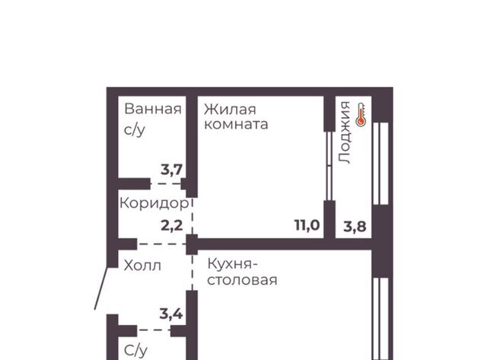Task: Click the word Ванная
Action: click(x=153, y=109)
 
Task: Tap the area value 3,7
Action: click(x=171, y=170)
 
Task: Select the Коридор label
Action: click(x=154, y=203)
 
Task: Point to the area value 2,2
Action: click(x=172, y=225)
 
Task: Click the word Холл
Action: click(x=142, y=266)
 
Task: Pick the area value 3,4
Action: click(x=171, y=314)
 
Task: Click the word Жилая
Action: click(x=230, y=110)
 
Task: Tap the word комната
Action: click(x=236, y=124)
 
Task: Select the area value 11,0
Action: click(x=307, y=225)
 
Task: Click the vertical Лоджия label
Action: click(x=345, y=132)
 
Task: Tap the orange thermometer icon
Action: click(x=361, y=115)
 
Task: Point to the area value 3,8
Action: click(x=355, y=227)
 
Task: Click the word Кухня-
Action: click(x=233, y=264)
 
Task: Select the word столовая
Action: click(x=242, y=280)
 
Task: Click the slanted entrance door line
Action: click(x=101, y=288)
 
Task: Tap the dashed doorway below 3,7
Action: click(x=166, y=183)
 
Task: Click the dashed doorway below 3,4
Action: click(x=154, y=330)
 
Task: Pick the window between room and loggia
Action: click(x=329, y=166)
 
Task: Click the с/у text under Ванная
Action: click(x=135, y=130)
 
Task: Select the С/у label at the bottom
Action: click(x=135, y=351)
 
